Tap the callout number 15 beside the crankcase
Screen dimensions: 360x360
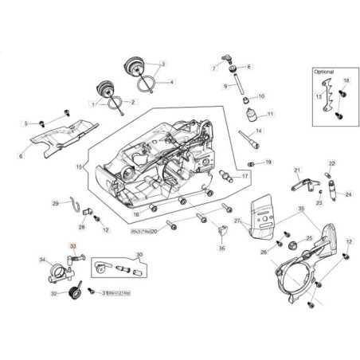(x=79, y=167)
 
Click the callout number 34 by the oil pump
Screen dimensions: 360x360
(x=42, y=260)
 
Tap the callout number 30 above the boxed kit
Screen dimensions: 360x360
(x=139, y=255)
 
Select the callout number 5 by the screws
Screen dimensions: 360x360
(x=25, y=123)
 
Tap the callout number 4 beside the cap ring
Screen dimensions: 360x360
(x=171, y=82)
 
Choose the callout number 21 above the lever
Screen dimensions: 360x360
(x=296, y=170)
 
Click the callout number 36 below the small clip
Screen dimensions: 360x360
(x=221, y=248)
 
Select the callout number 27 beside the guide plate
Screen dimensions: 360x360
(x=237, y=220)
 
